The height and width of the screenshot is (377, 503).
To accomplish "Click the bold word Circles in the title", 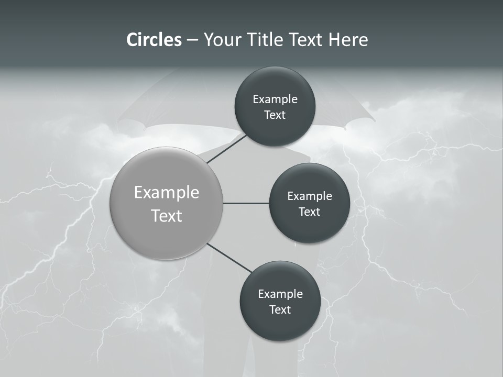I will tap(154, 40).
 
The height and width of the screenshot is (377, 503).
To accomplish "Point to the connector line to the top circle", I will tap(226, 149).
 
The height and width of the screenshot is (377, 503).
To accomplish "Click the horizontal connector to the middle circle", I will tap(246, 203).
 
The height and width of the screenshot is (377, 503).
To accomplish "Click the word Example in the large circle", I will tap(167, 193).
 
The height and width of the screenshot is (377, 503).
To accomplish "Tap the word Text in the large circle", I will tap(167, 216).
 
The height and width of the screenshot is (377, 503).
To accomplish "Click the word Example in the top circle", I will tap(275, 99).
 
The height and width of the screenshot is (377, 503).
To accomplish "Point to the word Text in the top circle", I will tap(275, 115).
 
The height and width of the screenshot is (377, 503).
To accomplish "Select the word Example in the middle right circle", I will tap(309, 196).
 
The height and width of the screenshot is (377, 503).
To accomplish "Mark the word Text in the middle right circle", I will tap(309, 212).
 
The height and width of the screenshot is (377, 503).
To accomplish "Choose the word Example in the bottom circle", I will tap(280, 294).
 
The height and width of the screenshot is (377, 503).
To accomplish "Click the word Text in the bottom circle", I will tap(280, 310).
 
